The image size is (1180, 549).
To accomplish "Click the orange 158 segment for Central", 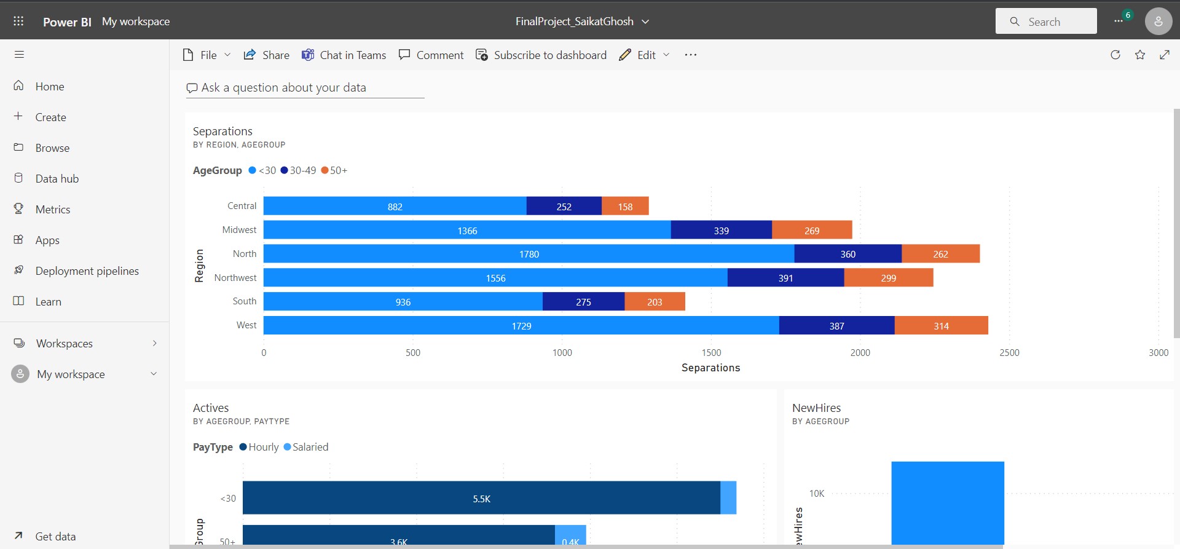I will [625, 207].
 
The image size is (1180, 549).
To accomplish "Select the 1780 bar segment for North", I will [529, 254].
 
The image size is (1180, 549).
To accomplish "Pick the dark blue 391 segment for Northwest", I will [785, 278].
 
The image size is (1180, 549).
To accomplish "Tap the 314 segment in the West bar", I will [941, 326].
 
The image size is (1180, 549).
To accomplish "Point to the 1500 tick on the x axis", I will [711, 352].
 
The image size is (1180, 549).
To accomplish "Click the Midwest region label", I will [239, 230].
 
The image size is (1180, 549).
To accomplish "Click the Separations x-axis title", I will [710, 368].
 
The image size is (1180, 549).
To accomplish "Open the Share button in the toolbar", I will [267, 55].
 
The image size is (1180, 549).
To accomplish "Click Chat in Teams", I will [344, 55].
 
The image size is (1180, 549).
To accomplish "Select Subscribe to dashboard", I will [541, 55].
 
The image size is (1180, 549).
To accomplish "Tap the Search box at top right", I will [1045, 22].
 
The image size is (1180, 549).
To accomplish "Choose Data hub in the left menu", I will [57, 179].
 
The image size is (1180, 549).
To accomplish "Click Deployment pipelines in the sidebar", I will [87, 271].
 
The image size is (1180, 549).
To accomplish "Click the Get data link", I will [55, 536].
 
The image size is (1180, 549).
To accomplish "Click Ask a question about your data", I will [284, 88].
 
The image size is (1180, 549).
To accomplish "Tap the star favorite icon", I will [1140, 55].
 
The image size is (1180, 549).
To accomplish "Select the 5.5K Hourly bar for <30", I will [481, 498].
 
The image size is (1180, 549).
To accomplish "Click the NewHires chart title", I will [816, 408].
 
